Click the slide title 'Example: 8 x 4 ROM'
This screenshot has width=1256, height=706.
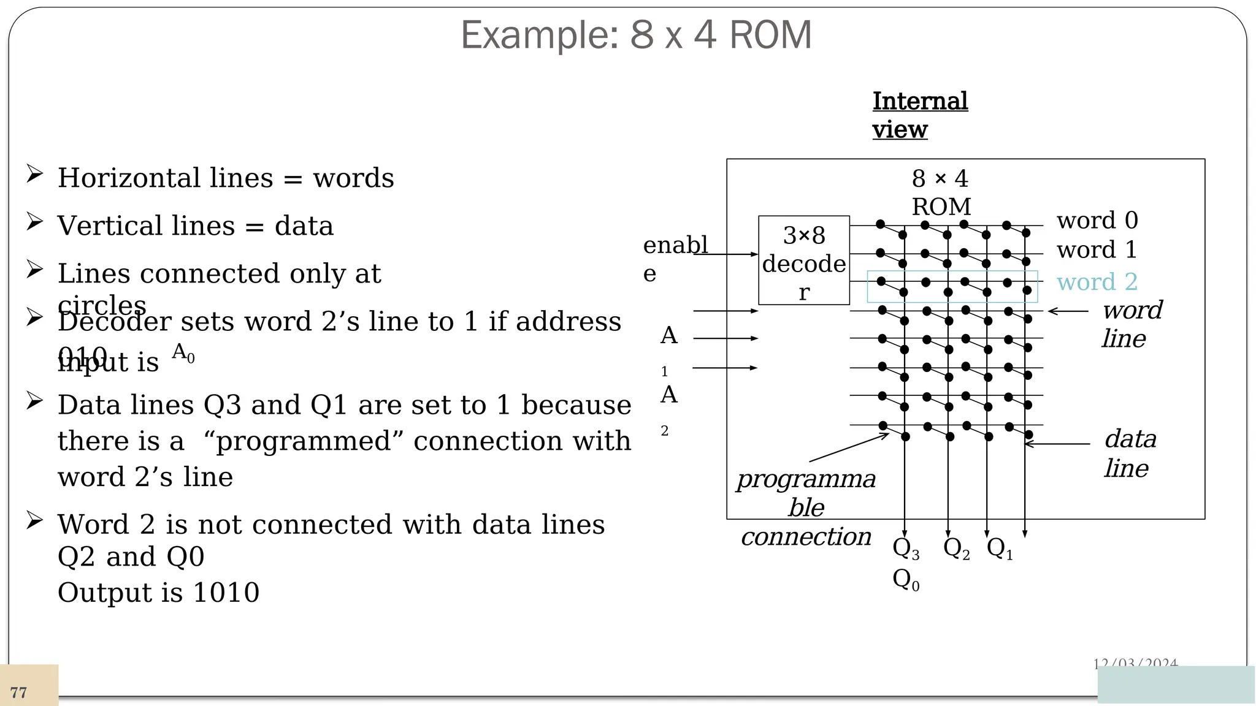coord(636,35)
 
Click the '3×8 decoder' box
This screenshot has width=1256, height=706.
coord(803,261)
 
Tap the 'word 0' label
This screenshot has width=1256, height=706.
coord(1097,220)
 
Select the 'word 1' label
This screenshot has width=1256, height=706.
coord(1097,249)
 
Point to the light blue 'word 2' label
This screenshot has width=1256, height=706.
coord(1097,282)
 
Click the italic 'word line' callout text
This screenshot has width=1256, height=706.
coord(1131,324)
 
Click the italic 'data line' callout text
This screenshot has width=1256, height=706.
coord(1130,453)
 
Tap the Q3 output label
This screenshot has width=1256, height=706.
coord(905,548)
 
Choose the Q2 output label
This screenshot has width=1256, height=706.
coord(956,548)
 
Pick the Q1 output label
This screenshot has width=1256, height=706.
coord(1000,548)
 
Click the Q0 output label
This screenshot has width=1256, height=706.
coord(905,579)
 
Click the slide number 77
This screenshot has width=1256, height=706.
coord(18,693)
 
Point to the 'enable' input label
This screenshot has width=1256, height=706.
coord(673,258)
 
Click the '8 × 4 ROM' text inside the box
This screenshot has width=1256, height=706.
coord(940,192)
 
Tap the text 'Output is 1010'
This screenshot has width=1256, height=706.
coord(158,593)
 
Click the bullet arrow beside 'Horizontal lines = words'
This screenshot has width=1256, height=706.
coord(34,174)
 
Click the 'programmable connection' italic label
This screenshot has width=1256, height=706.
coord(806,507)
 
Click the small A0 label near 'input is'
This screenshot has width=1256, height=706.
coord(183,352)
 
